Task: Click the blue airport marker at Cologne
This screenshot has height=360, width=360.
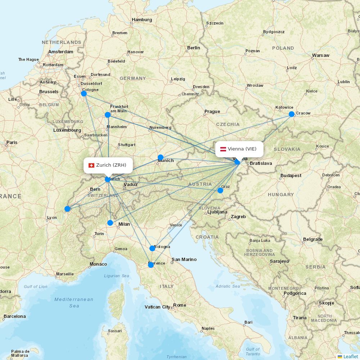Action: click(x=84, y=94)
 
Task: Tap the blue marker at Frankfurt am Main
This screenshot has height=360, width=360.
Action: click(x=108, y=115)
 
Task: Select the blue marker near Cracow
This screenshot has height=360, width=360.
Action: click(x=292, y=114)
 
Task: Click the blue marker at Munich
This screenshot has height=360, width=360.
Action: click(x=161, y=157)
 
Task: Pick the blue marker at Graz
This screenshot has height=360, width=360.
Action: click(x=220, y=190)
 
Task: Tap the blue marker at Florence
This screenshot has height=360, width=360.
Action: click(x=151, y=265)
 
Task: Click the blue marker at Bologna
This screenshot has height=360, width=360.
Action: click(x=152, y=248)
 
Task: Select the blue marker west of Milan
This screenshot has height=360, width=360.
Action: click(x=110, y=223)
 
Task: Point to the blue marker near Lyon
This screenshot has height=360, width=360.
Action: click(x=67, y=209)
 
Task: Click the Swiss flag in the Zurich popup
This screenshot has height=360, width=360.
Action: click(x=91, y=165)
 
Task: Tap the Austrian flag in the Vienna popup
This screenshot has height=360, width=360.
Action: click(x=223, y=149)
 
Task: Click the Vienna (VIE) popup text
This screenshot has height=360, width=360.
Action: click(x=242, y=149)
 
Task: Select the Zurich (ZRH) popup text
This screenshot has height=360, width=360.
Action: click(x=111, y=165)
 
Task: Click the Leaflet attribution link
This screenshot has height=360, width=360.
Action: click(x=350, y=356)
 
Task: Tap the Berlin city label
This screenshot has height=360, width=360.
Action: click(x=193, y=48)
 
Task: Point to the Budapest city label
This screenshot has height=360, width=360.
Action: click(x=291, y=176)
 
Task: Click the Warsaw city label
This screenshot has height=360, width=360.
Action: click(x=320, y=55)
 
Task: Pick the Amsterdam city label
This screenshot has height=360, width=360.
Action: click(x=60, y=52)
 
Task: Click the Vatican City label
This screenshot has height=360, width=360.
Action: click(x=157, y=307)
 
